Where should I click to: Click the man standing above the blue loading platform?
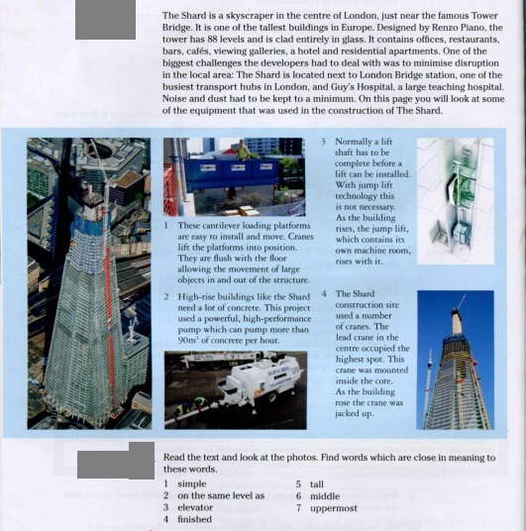click(x=243, y=150)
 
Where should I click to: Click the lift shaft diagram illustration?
click(x=456, y=200)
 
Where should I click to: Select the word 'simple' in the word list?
click(x=192, y=483)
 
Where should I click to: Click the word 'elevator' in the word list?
click(x=195, y=507)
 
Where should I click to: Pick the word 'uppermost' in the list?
click(x=334, y=508)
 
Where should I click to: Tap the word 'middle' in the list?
click(x=325, y=496)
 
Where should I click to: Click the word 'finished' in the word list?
click(x=195, y=519)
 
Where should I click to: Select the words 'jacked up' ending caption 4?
click(x=355, y=414)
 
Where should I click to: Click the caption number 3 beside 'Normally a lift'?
click(x=324, y=142)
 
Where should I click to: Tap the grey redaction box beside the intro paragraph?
click(x=105, y=19)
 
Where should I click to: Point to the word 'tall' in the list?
click(x=317, y=484)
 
